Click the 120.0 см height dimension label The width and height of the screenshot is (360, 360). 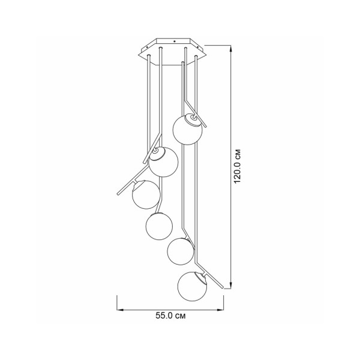[238, 166]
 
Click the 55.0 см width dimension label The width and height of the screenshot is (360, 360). [170, 316]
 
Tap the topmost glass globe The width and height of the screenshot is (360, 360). [188, 130]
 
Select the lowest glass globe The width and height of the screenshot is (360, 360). [192, 286]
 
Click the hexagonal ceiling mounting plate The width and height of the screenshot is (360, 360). [174, 52]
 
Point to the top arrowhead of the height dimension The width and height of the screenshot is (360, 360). [232, 47]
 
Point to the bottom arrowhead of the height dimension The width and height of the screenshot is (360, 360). [232, 286]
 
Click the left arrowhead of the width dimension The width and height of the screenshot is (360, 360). [120, 310]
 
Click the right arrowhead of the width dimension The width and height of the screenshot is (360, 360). [220, 310]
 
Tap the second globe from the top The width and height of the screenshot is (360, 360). [163, 163]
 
